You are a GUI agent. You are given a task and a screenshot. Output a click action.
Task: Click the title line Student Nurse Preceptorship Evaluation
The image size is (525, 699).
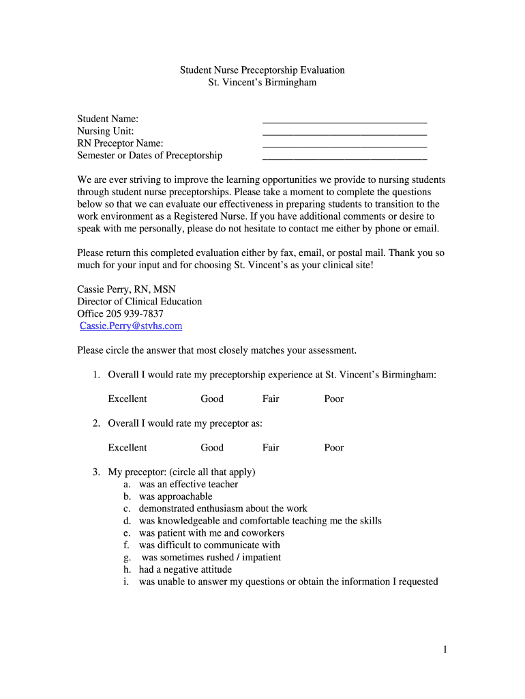click(262, 70)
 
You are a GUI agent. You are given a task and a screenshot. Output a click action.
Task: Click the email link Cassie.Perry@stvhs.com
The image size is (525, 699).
click(131, 326)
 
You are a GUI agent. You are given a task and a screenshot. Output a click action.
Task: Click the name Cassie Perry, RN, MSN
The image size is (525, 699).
click(126, 289)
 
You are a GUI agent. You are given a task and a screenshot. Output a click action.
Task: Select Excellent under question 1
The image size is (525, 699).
click(127, 399)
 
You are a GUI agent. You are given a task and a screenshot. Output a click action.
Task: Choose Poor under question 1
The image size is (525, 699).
click(333, 399)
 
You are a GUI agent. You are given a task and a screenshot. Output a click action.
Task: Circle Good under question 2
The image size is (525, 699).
click(211, 448)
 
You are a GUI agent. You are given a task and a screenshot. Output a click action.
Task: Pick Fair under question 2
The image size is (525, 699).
click(271, 448)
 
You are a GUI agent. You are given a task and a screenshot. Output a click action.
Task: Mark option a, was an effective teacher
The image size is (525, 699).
click(188, 485)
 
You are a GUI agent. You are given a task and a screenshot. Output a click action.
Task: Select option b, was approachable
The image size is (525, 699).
click(175, 497)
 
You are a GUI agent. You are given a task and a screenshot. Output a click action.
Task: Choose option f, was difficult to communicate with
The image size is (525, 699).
click(209, 545)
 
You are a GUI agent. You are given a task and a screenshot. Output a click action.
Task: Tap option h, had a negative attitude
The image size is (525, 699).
click(185, 570)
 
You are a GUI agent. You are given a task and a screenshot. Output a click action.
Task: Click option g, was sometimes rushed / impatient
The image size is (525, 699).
click(211, 558)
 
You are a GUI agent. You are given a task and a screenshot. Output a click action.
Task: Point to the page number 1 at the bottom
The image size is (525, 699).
click(445, 651)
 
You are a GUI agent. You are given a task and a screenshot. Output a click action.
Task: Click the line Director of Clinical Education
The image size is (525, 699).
click(139, 302)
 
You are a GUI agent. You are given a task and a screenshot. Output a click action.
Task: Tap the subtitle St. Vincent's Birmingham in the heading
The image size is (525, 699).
click(262, 83)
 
